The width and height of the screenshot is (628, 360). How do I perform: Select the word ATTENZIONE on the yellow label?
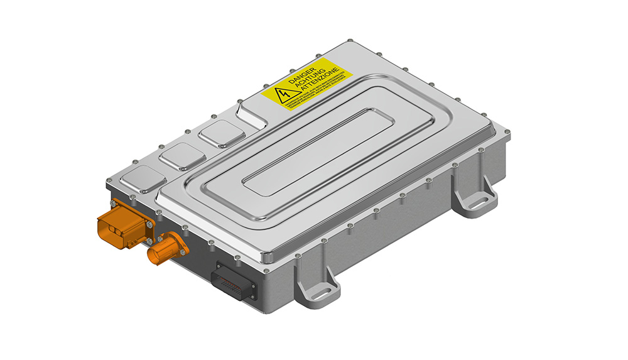(x=322, y=89)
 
